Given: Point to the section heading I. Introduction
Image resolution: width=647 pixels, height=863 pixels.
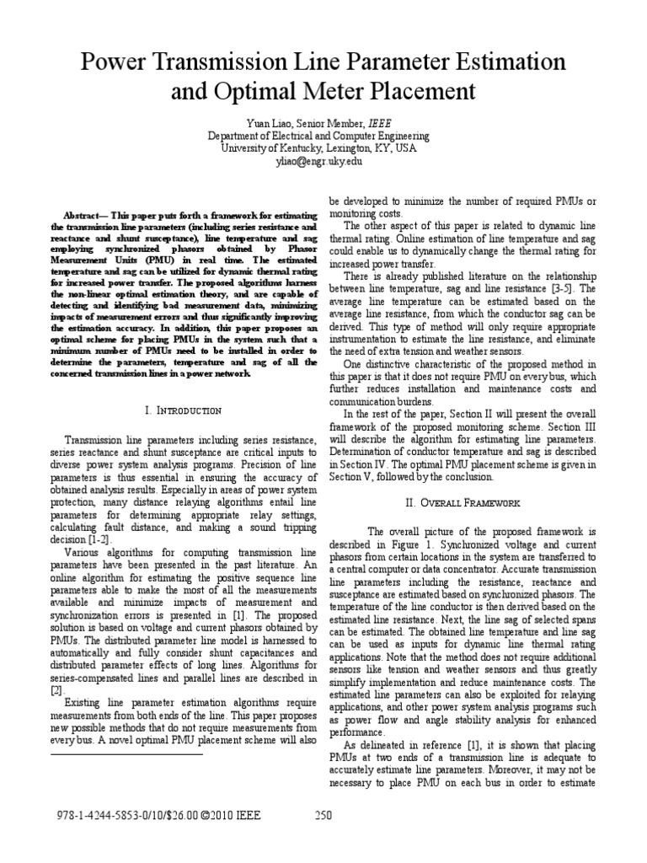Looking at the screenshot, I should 183,410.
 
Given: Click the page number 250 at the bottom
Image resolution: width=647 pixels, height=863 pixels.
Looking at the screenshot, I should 324,815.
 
